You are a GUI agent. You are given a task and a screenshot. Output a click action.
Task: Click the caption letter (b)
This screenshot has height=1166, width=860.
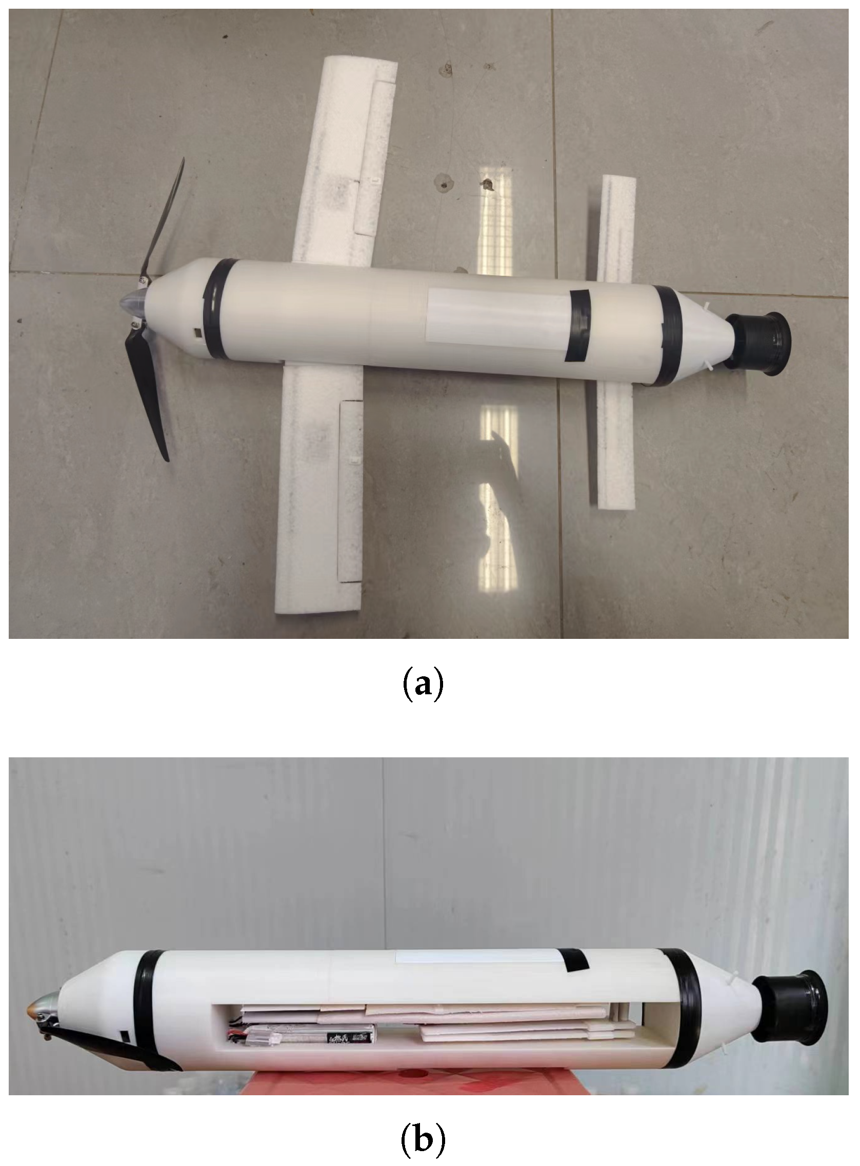tap(424, 1137)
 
